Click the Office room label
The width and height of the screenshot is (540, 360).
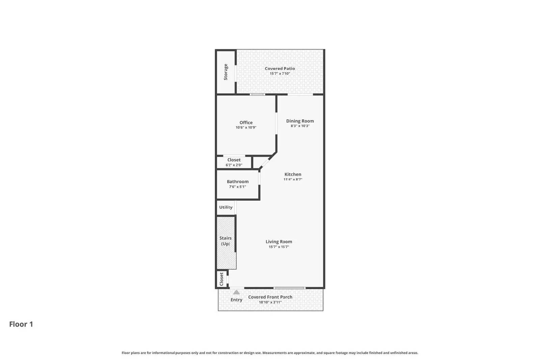pyautogui.click(x=246, y=123)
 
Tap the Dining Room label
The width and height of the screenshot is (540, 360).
pyautogui.click(x=300, y=121)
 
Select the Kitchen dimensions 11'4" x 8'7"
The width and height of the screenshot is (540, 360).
pyautogui.click(x=293, y=179)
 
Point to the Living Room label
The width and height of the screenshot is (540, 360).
pyautogui.click(x=279, y=242)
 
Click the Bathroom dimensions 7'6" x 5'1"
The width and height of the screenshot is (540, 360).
pyautogui.click(x=238, y=187)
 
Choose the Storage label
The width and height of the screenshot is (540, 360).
pyautogui.click(x=226, y=72)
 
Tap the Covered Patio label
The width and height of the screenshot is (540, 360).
pyautogui.click(x=280, y=68)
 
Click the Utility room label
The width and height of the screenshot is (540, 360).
pyautogui.click(x=226, y=207)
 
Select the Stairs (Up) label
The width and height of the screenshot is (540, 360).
pyautogui.click(x=225, y=241)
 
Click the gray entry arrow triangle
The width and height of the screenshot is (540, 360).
pyautogui.click(x=237, y=292)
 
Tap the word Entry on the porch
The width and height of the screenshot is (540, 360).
pyautogui.click(x=236, y=300)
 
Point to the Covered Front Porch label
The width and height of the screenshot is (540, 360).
pyautogui.click(x=270, y=297)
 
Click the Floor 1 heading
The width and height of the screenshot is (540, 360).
pyautogui.click(x=21, y=324)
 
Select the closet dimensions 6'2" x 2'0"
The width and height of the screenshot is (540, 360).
pyautogui.click(x=234, y=165)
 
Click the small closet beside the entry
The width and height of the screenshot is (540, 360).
pyautogui.click(x=222, y=279)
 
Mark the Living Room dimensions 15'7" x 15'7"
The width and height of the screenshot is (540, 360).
pyautogui.click(x=279, y=247)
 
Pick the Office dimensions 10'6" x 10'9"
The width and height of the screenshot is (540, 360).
pyautogui.click(x=246, y=128)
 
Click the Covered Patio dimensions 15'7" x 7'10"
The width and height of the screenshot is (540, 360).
pyautogui.click(x=280, y=74)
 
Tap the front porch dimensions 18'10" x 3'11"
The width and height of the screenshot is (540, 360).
pyautogui.click(x=270, y=302)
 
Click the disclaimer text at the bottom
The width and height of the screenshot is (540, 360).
pyautogui.click(x=270, y=353)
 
